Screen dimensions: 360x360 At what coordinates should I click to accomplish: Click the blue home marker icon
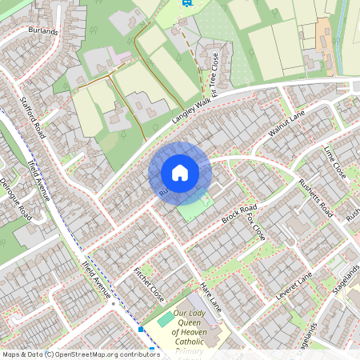[x=180, y=173]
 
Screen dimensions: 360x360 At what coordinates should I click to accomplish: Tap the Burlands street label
[x=42, y=31]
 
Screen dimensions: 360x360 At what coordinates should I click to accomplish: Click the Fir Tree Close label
[x=214, y=71]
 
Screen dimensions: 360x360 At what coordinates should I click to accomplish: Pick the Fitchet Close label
[x=149, y=280]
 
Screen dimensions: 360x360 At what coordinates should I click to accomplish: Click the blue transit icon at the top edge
[x=187, y=2]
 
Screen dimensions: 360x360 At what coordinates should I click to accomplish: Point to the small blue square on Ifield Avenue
[x=141, y=329]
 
